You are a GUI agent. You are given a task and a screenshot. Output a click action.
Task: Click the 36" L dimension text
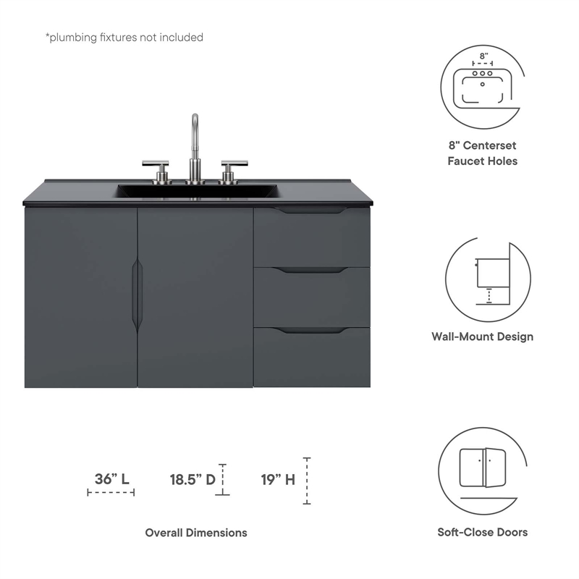click(x=111, y=478)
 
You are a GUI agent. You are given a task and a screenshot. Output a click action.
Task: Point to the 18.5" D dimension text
click(x=193, y=478)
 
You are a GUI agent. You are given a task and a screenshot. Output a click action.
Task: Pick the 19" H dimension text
click(x=278, y=478)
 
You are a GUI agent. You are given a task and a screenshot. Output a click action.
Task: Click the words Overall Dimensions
click(x=196, y=533)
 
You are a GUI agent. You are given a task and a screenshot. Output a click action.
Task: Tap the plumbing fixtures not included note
click(x=124, y=37)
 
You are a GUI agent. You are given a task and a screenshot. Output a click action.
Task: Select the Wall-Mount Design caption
click(x=483, y=337)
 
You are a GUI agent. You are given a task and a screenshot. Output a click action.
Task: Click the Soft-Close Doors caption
click(x=483, y=533)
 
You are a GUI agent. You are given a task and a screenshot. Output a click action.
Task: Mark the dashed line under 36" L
click(x=111, y=493)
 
